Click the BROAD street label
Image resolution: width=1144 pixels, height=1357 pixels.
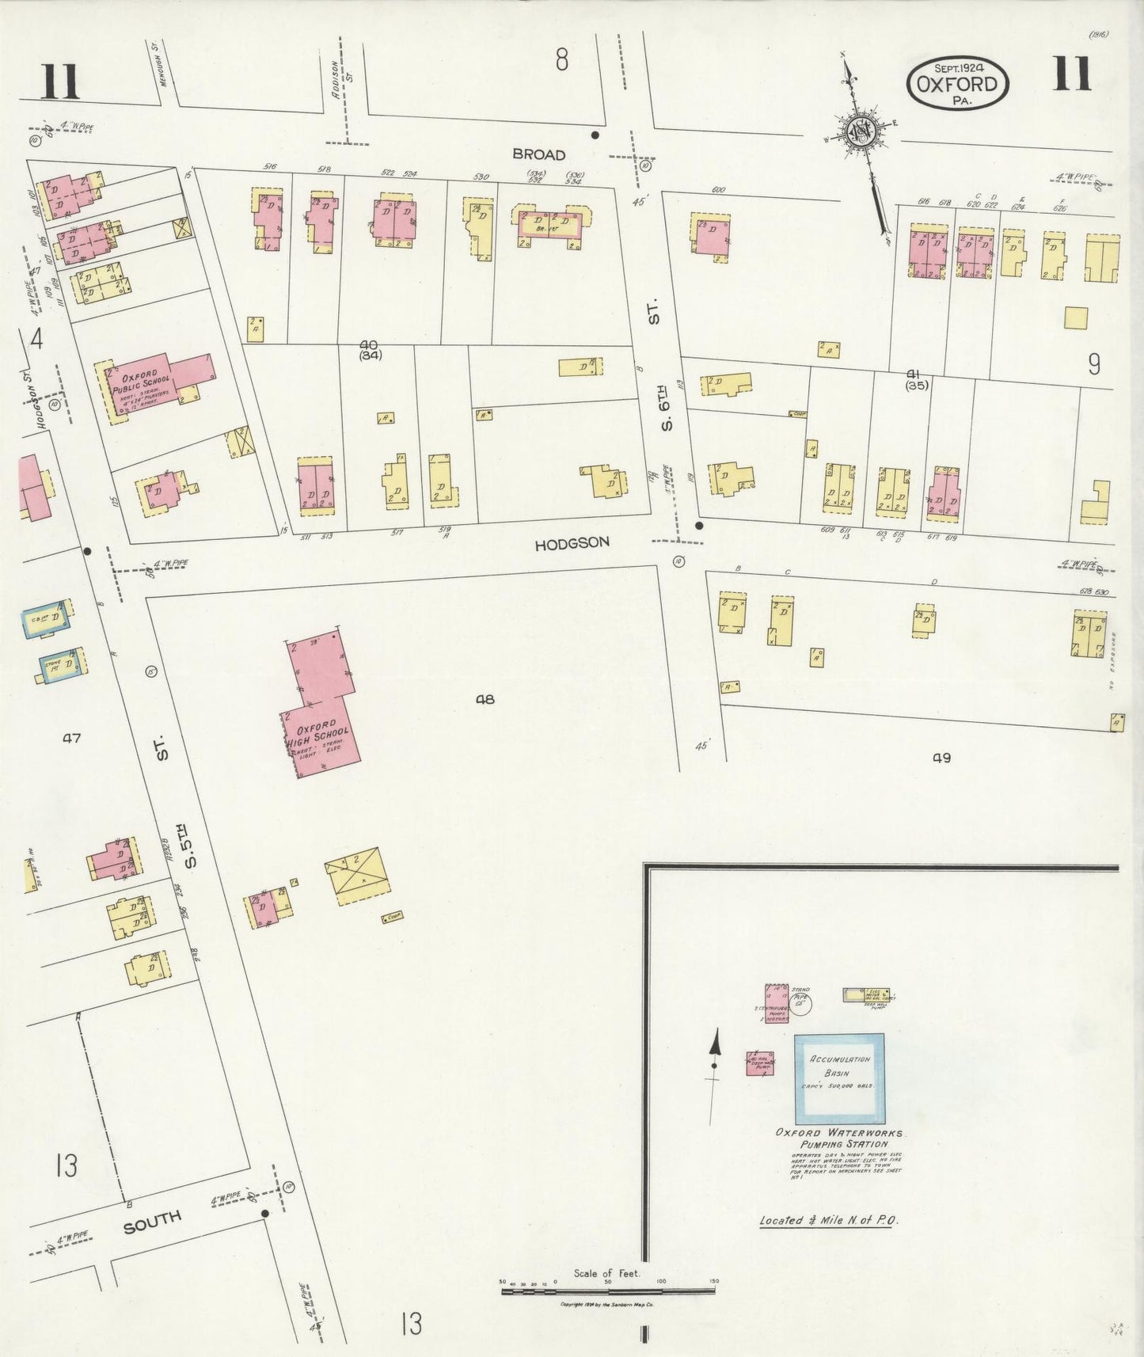[538, 154]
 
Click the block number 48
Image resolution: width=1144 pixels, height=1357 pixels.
[485, 699]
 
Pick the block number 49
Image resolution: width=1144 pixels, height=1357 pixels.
[941, 758]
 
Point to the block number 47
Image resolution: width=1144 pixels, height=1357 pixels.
[71, 738]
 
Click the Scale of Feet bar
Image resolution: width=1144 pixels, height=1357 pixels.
[607, 1291]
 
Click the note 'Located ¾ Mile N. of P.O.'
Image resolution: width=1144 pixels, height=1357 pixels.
[828, 1220]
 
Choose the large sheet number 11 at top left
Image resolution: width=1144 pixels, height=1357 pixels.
[60, 82]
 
